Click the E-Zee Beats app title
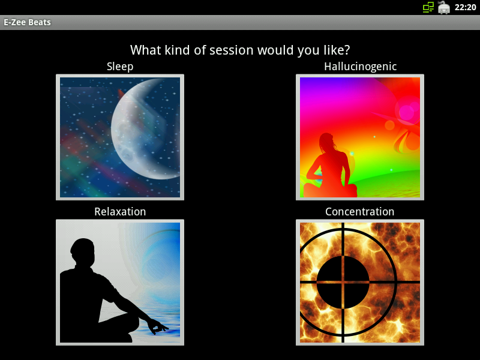coord(27,22)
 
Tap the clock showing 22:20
coord(465,7)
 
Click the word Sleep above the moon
coord(120,67)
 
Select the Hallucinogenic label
coord(361,67)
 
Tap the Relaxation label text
coord(120,212)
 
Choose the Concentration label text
coord(359,212)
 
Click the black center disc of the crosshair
coord(343,282)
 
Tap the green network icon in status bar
coord(428,7)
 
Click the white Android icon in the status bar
coord(443,7)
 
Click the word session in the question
coord(232,50)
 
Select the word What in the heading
coord(146,50)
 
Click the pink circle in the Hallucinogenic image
coord(407,112)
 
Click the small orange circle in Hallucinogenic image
coord(389,125)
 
